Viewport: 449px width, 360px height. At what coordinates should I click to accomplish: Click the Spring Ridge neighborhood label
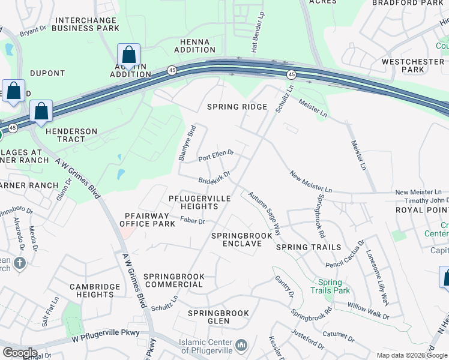[x=237, y=107]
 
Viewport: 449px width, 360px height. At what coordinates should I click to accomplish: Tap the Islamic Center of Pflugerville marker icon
[x=241, y=345]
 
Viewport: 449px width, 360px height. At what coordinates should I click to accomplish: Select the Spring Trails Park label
[x=330, y=286]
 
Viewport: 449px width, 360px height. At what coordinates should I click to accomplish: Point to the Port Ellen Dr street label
[x=216, y=156]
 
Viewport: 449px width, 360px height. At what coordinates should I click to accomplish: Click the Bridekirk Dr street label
[x=215, y=178]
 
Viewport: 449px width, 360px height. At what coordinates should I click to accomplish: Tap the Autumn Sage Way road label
[x=265, y=212]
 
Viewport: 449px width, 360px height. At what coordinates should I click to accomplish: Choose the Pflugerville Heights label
[x=193, y=202]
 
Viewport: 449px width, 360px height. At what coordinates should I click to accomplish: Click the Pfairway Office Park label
[x=146, y=220]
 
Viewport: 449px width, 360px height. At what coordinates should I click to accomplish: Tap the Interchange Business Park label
[x=86, y=24]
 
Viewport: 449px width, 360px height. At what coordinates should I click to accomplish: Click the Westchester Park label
[x=413, y=65]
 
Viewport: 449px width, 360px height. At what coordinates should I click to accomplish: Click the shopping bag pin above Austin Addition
[x=128, y=55]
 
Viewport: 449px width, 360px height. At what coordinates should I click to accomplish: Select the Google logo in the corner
[x=19, y=352]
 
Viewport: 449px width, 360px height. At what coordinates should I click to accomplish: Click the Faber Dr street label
[x=193, y=221]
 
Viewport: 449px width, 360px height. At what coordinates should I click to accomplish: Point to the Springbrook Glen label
[x=218, y=317]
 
